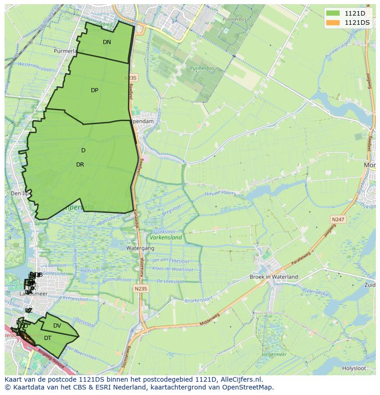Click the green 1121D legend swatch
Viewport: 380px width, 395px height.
click(334, 13)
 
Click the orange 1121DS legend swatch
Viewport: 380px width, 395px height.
click(334, 22)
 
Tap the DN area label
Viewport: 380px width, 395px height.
click(107, 42)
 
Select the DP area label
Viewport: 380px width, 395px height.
click(95, 90)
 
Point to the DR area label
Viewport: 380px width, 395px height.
click(80, 165)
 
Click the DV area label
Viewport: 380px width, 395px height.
click(57, 326)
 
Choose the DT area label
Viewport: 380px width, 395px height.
click(48, 338)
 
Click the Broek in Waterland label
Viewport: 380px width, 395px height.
click(274, 277)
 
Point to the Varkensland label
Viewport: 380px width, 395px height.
click(166, 238)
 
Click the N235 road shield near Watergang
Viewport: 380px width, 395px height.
click(141, 289)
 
